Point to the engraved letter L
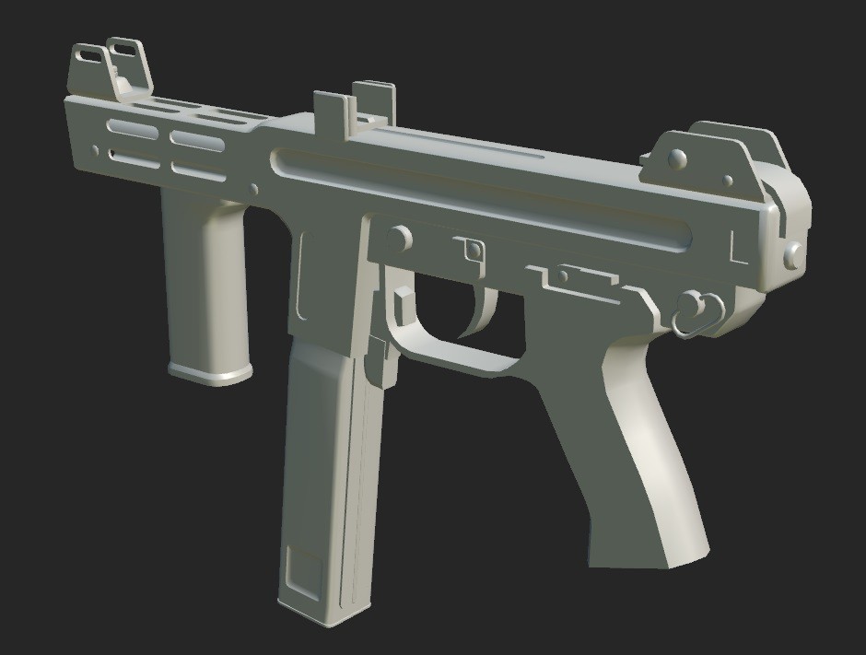tap(738, 249)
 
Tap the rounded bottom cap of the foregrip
tap(210, 372)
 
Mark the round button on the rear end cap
tap(791, 254)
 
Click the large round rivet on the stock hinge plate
tap(678, 158)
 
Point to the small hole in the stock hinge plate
tap(729, 181)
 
